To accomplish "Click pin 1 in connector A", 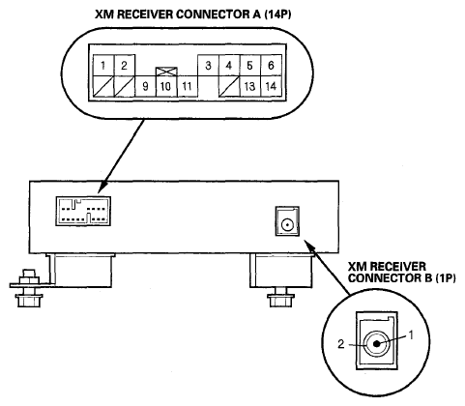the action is pyautogui.click(x=103, y=66).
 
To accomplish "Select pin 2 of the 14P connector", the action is pyautogui.click(x=125, y=66).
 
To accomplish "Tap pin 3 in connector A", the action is pyautogui.click(x=208, y=66).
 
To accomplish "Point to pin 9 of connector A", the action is pyautogui.click(x=145, y=86).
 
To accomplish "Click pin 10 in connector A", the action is pyautogui.click(x=166, y=86).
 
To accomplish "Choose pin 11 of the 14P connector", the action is pyautogui.click(x=188, y=86).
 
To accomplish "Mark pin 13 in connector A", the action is pyautogui.click(x=250, y=86).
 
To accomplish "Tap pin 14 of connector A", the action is pyautogui.click(x=271, y=86).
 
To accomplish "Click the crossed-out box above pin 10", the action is pyautogui.click(x=166, y=72).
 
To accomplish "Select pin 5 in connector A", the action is pyautogui.click(x=250, y=66).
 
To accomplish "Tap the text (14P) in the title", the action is pyautogui.click(x=277, y=14).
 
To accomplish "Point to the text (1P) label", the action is pyautogui.click(x=446, y=278).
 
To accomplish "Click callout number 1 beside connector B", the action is pyautogui.click(x=411, y=335).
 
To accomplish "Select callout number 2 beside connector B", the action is pyautogui.click(x=341, y=344).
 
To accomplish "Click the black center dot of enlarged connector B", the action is pyautogui.click(x=376, y=344).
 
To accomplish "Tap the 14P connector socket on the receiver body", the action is pyautogui.click(x=83, y=211).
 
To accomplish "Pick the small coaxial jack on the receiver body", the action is pyautogui.click(x=287, y=221).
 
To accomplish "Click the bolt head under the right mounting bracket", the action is pyautogui.click(x=280, y=301).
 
